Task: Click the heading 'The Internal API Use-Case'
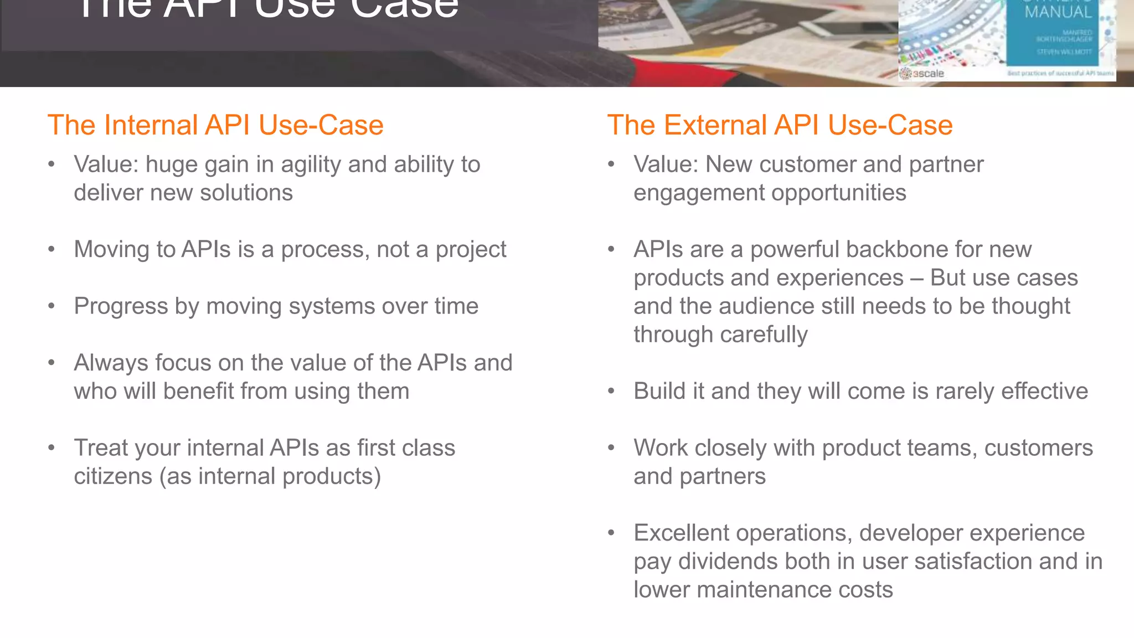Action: click(215, 125)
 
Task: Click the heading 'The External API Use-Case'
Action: click(780, 125)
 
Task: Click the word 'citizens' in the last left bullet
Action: click(113, 476)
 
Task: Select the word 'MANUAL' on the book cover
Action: click(1058, 12)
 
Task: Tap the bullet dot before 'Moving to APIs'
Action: click(51, 250)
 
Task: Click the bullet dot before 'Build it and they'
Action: click(611, 392)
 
